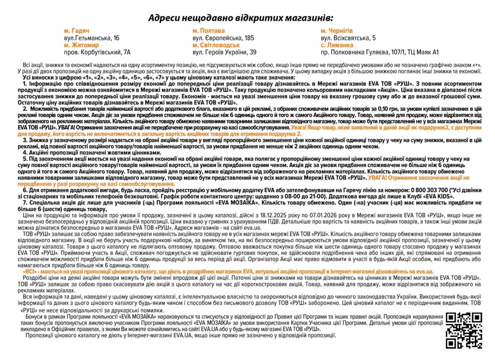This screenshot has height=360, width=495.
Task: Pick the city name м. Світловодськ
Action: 217,45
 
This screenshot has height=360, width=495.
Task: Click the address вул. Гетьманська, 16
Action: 92,38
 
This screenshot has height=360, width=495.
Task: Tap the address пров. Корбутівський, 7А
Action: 97,51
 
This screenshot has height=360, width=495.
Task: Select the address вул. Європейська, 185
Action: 223,38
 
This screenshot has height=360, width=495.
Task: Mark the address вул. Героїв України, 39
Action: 224,51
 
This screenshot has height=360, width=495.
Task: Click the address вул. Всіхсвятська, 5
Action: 348,38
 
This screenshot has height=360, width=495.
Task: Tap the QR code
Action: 464,330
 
